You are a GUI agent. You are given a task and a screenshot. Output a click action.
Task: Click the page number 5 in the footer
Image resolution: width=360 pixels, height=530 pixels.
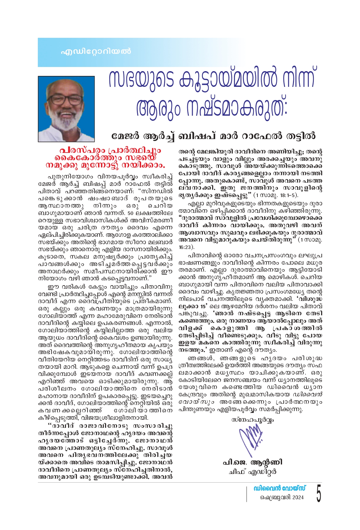[x=318, y=493]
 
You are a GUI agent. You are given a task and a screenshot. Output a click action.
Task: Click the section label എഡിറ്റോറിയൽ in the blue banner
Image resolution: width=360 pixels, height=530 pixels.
[x=96, y=51]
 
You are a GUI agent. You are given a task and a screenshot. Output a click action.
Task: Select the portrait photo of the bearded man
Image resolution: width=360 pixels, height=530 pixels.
[x=66, y=109]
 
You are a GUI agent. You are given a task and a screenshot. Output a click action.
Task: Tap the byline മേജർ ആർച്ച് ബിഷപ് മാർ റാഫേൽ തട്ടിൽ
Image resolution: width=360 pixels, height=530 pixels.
[x=213, y=136]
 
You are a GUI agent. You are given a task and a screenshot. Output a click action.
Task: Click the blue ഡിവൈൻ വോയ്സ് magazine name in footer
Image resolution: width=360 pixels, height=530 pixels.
[x=280, y=488]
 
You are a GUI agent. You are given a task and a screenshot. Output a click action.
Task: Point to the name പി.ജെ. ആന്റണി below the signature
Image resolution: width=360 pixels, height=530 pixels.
[x=253, y=462]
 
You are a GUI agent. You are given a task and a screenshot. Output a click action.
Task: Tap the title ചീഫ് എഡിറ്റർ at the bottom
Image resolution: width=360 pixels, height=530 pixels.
[x=253, y=472]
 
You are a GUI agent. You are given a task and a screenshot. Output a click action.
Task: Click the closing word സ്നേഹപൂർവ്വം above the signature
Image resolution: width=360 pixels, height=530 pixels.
[x=253, y=419]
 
